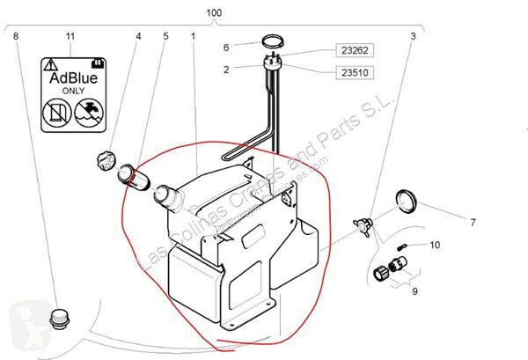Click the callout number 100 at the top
pos(215,14)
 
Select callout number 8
pos(16,36)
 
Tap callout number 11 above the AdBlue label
pos(73,36)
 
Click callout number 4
pos(138,36)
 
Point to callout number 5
pos(165,36)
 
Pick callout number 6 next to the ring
pos(226,47)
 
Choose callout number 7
pos(472,222)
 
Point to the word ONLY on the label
pos(74,92)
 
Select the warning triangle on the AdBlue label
pos(52,63)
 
